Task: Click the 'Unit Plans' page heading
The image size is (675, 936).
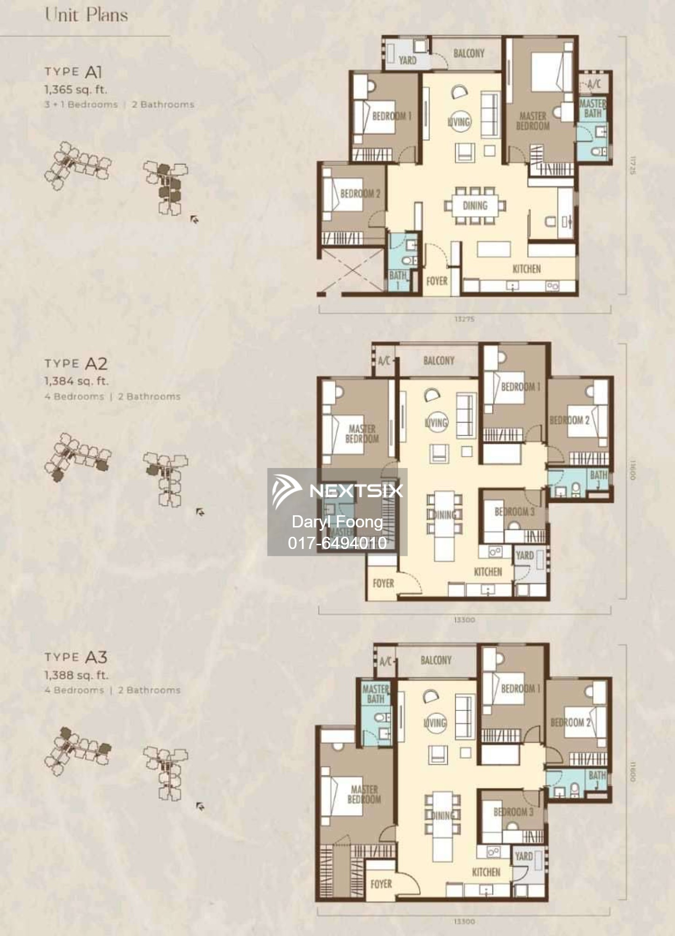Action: click(x=87, y=15)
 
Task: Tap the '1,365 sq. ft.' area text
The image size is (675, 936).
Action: click(x=75, y=89)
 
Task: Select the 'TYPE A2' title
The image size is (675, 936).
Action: click(x=76, y=364)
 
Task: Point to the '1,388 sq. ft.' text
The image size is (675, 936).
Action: click(x=76, y=675)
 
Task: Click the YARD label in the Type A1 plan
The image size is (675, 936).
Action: click(x=407, y=60)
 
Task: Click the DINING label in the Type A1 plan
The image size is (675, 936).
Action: click(x=475, y=205)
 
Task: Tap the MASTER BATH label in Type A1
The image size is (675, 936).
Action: click(x=592, y=108)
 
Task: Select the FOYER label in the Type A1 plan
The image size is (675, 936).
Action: click(x=436, y=281)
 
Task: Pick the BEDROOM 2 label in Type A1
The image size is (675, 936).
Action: click(x=360, y=193)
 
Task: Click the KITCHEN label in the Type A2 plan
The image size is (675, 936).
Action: click(x=487, y=572)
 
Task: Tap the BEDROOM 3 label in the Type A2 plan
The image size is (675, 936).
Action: click(x=514, y=512)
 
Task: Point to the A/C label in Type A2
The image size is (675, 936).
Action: click(x=384, y=361)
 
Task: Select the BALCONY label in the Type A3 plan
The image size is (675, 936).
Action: click(x=435, y=660)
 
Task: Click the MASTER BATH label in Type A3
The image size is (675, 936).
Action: click(x=376, y=694)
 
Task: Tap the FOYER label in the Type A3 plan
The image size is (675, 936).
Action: click(x=381, y=884)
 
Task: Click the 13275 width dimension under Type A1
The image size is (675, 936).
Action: click(x=464, y=319)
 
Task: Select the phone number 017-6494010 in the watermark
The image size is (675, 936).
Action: click(x=337, y=543)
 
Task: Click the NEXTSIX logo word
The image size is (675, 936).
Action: click(x=356, y=490)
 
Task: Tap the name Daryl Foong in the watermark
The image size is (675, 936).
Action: click(x=337, y=522)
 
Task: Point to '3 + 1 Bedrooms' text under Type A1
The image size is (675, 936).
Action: click(x=81, y=104)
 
